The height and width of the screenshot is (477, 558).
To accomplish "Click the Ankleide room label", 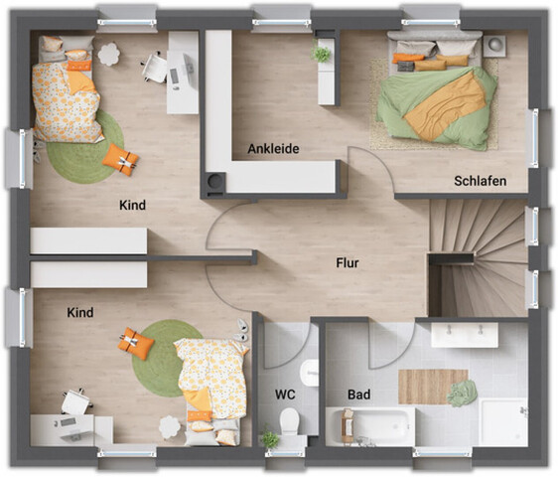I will click(x=273, y=149).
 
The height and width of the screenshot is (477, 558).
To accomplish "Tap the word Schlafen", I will click(x=481, y=181).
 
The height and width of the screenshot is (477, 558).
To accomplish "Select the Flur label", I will click(x=348, y=263).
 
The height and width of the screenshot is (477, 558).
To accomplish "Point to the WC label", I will click(x=285, y=395).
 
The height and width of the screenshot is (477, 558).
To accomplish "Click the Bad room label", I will click(x=358, y=395).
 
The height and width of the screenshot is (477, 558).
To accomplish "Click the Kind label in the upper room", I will click(x=132, y=205).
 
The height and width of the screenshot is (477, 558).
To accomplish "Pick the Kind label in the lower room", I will click(x=80, y=312).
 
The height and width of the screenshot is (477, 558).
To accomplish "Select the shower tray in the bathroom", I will click(x=502, y=421).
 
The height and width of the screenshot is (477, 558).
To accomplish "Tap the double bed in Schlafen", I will click(x=435, y=91).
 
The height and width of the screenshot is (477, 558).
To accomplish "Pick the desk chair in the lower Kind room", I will click(x=75, y=401).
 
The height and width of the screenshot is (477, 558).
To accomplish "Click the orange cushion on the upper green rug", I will click(x=120, y=158).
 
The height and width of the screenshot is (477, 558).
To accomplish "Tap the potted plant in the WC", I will click(x=268, y=438).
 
